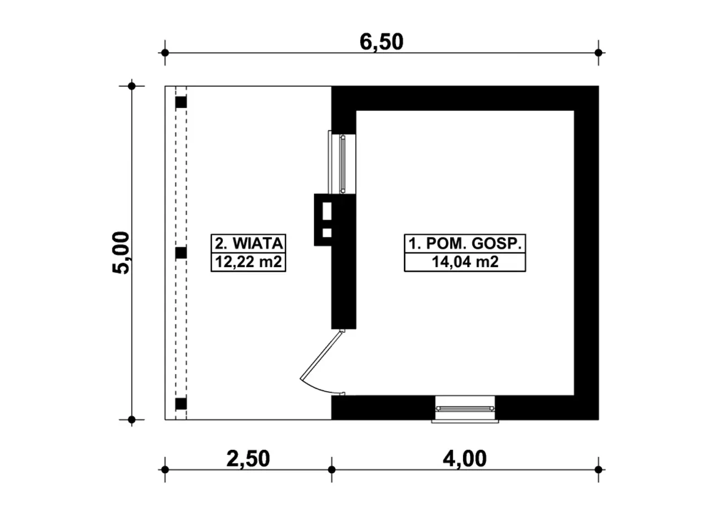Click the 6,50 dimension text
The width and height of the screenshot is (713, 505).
[x=382, y=42]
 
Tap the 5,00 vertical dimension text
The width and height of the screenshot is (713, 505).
[x=121, y=252]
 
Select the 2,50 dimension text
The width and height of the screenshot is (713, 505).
[x=248, y=459]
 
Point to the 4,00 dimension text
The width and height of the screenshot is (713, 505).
[x=465, y=459]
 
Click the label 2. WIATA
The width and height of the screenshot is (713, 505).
[x=248, y=244]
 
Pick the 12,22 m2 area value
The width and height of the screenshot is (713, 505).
[x=248, y=262]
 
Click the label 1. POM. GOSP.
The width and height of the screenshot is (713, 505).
[x=465, y=244]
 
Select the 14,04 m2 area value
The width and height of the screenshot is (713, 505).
[x=465, y=262]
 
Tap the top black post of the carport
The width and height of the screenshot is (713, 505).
[x=181, y=102]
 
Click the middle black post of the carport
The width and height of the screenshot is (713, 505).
[x=181, y=253]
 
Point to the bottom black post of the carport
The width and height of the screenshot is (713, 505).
[x=181, y=404]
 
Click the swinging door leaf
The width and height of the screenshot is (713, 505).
[x=321, y=355]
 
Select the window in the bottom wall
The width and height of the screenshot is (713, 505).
[x=465, y=409]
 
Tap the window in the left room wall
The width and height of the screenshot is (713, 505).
[x=342, y=164]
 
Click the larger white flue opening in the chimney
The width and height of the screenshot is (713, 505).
[x=327, y=211]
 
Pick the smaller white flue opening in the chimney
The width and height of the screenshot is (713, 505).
[x=327, y=233]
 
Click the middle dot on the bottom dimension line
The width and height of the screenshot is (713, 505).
[x=331, y=470]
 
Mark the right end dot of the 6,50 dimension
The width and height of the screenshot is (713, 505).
[x=598, y=52]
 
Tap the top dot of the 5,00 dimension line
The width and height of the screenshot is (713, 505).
[x=132, y=86]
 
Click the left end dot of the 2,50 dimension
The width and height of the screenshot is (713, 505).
[x=165, y=470]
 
